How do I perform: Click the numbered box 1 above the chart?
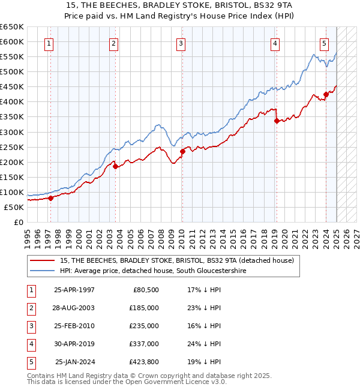click(x=48, y=43)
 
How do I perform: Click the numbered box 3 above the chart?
click(x=181, y=43)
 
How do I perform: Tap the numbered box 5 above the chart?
click(x=324, y=43)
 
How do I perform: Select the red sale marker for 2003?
click(x=115, y=167)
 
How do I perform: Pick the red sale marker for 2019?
click(x=277, y=121)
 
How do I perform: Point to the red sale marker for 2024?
click(x=326, y=94)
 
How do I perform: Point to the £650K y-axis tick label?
click(x=12, y=27)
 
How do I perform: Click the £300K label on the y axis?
click(x=12, y=132)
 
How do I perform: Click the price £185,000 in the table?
click(x=143, y=307)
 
